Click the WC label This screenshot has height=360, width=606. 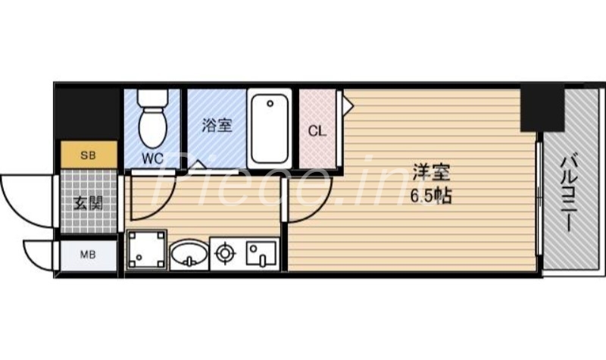pyautogui.click(x=154, y=158)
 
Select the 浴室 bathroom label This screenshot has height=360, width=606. pyautogui.click(x=216, y=126)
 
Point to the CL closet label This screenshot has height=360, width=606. pyautogui.click(x=317, y=130)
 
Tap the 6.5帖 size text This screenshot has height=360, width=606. pyautogui.click(x=430, y=196)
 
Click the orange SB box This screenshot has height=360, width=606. pyautogui.click(x=89, y=155)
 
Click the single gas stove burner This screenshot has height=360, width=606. pyautogui.click(x=226, y=254)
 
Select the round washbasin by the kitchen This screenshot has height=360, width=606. pyautogui.click(x=188, y=255)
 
